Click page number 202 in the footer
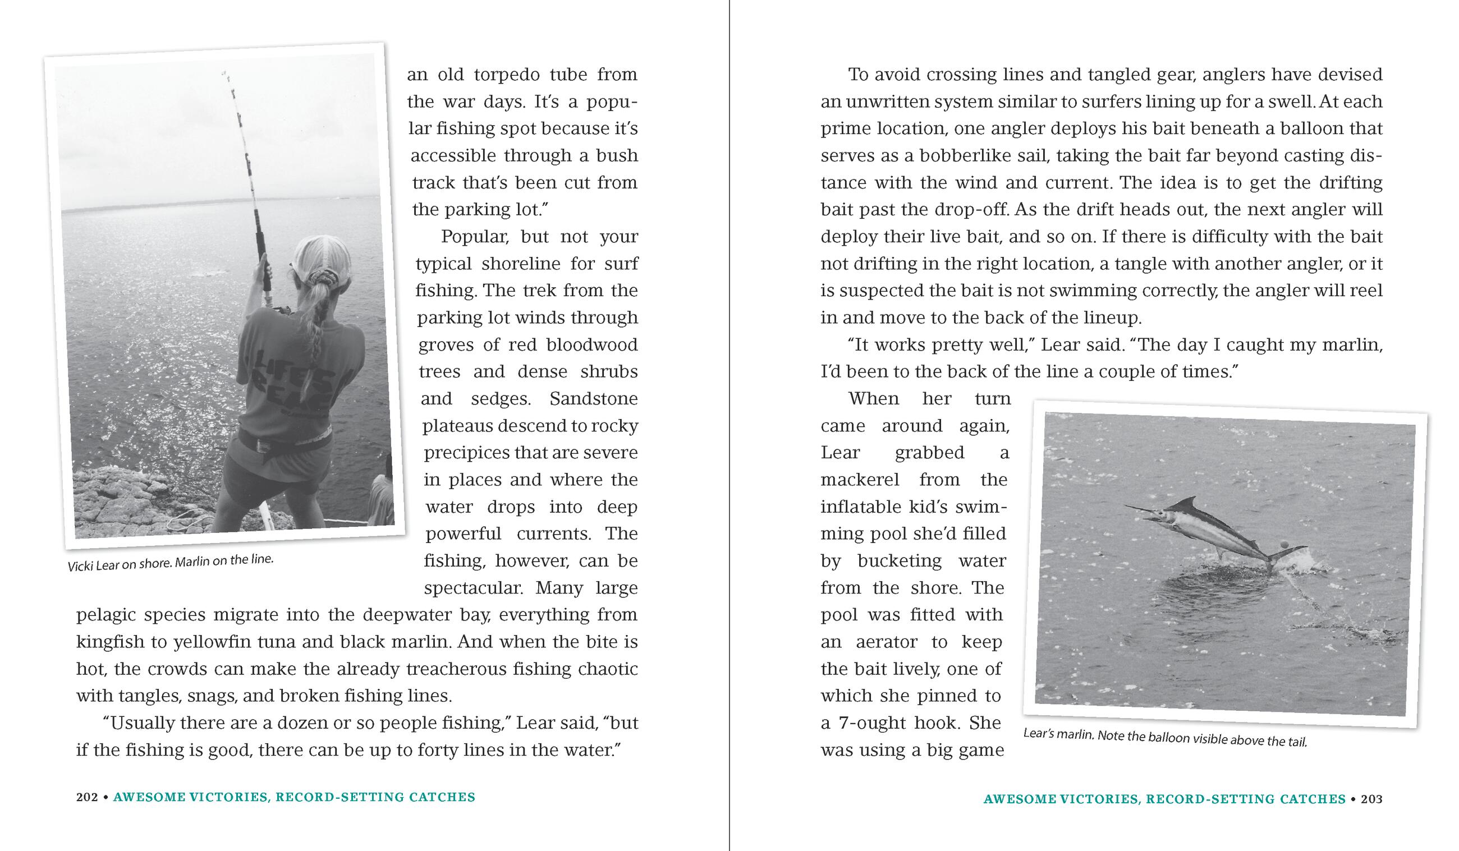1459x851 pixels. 87,797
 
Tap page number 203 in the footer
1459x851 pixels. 1371,799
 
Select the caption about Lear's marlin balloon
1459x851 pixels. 1165,738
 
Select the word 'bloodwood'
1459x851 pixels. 585,345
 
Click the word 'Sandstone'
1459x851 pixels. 594,399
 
